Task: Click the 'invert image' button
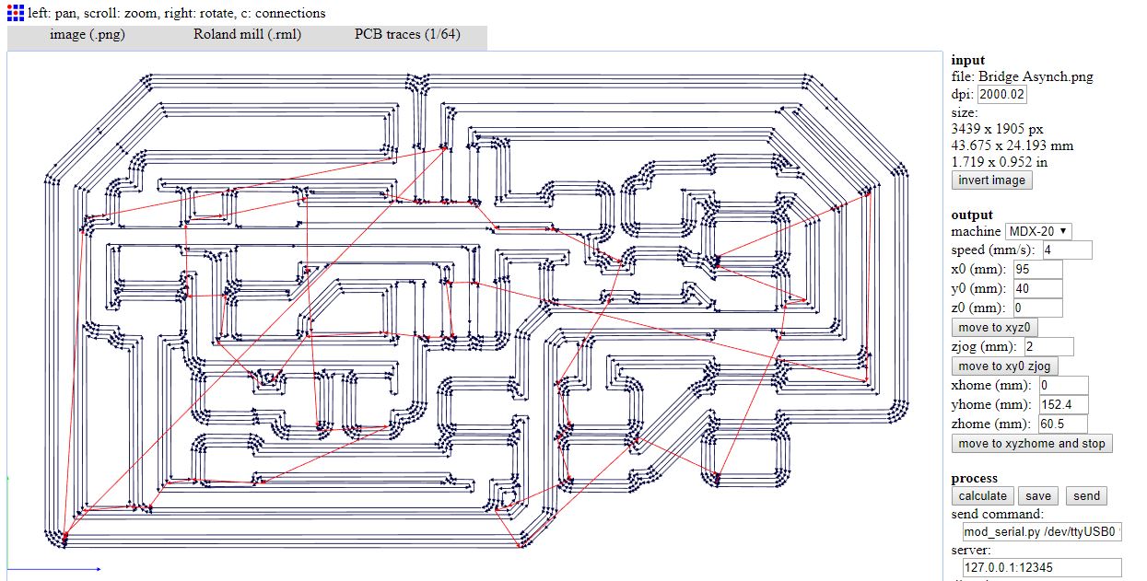coord(991,180)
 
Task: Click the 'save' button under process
coord(1038,496)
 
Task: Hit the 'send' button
coord(1086,496)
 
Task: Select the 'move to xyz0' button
coord(995,328)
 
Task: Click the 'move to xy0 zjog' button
coord(1005,366)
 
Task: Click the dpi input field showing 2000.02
coord(1002,94)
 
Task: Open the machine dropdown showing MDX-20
coord(1038,231)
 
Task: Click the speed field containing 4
coord(1066,250)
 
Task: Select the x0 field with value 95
coord(1036,270)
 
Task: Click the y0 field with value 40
coord(1036,289)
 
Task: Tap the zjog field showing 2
coord(1048,347)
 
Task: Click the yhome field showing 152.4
coord(1063,405)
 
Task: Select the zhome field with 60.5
coord(1062,424)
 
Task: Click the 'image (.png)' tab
coord(88,35)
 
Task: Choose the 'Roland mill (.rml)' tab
coord(247,35)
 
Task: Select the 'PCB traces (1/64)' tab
coord(407,35)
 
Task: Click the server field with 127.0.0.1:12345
coord(1041,568)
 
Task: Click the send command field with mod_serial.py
coord(1041,532)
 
